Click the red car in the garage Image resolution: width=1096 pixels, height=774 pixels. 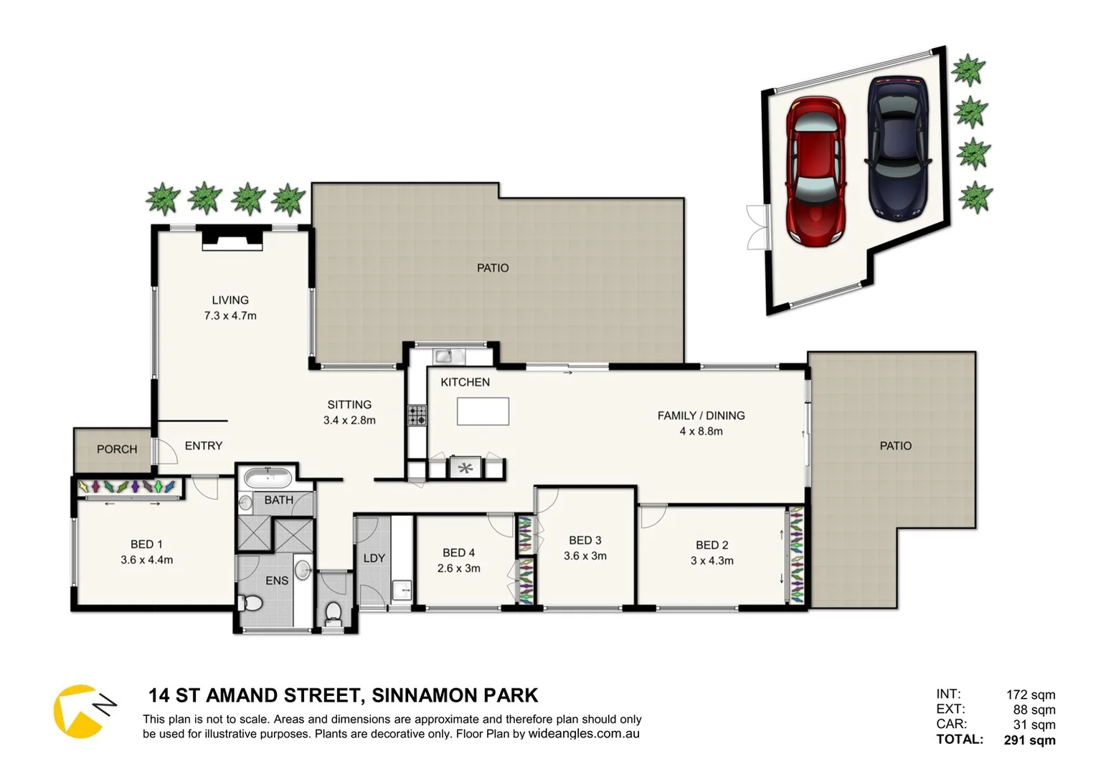click(x=816, y=172)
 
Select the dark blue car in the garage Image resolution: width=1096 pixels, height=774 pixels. click(x=898, y=147)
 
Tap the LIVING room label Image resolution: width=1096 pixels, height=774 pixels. click(x=230, y=300)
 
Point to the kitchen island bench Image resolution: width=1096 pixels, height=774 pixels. click(x=483, y=411)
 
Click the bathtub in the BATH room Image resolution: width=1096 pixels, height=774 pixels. click(x=267, y=477)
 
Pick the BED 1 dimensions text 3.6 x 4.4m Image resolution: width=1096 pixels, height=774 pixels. click(x=146, y=560)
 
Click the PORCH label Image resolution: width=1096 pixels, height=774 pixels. click(x=117, y=449)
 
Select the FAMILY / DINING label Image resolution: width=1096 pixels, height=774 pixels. click(x=701, y=416)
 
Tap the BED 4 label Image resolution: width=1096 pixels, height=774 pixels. click(x=458, y=553)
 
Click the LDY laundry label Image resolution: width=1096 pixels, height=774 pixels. click(x=374, y=558)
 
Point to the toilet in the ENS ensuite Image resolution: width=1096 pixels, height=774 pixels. click(x=251, y=604)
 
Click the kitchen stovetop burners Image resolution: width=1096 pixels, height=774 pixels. click(x=417, y=416)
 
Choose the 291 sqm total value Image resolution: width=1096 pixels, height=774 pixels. click(x=1029, y=740)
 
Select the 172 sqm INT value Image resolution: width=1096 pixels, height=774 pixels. click(x=1031, y=694)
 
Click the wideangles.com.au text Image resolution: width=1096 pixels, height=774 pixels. click(x=584, y=734)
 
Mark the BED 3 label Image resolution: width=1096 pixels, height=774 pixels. click(x=585, y=540)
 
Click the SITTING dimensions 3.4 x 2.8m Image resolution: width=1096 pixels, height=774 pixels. click(x=349, y=421)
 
